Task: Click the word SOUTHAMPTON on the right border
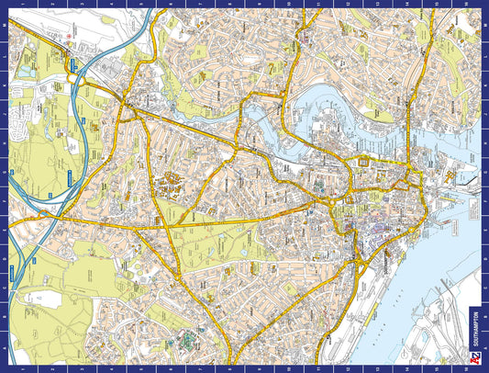click(473, 334)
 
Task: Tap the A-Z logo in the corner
click(473, 359)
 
